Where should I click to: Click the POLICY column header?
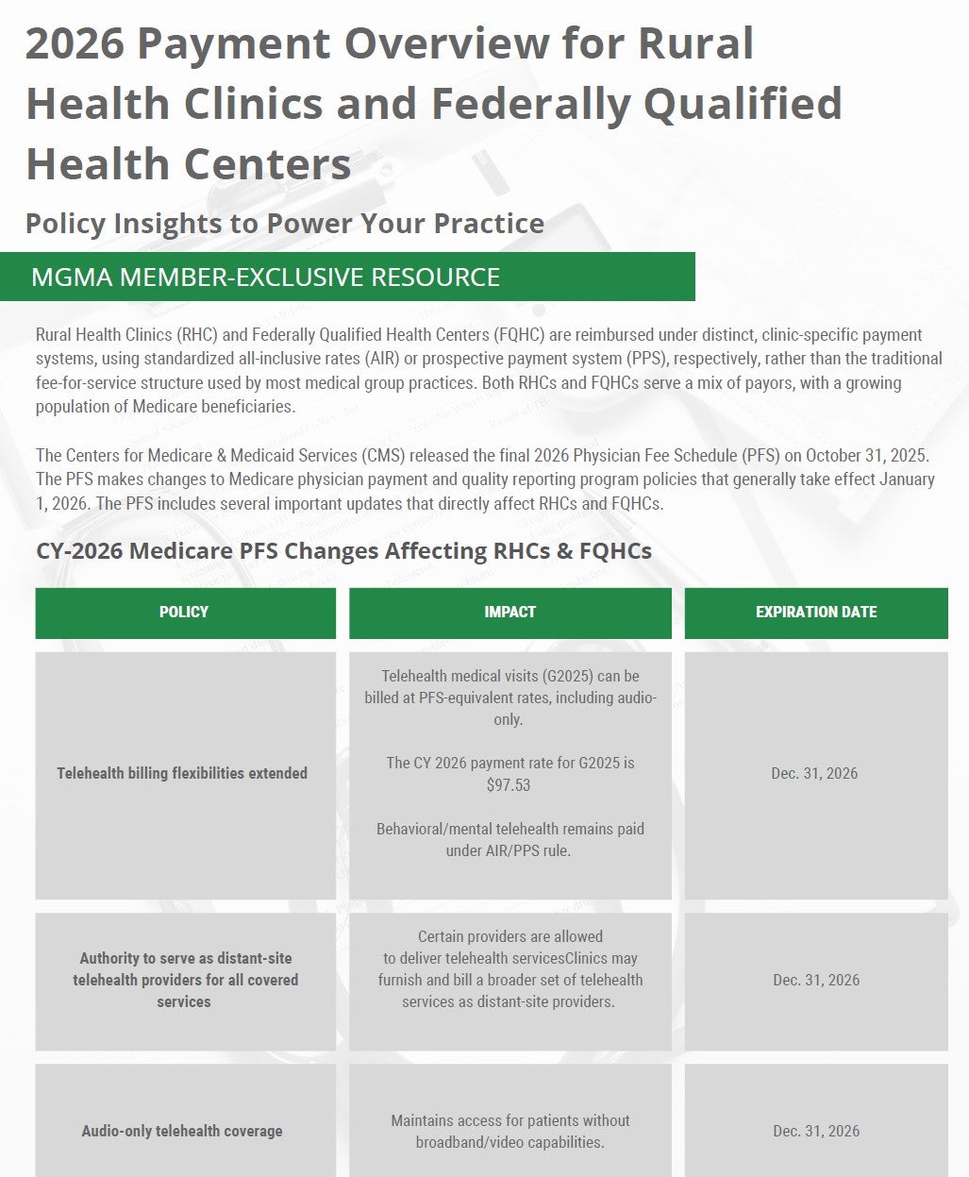point(184,612)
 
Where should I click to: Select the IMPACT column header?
point(510,612)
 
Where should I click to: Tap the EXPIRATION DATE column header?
point(816,612)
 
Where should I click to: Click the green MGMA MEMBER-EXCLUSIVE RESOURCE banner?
point(347,277)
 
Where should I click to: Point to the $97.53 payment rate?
point(509,785)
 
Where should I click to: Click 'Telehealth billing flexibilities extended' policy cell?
point(182,773)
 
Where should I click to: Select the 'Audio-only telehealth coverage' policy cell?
point(182,1131)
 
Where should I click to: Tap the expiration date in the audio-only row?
point(816,1131)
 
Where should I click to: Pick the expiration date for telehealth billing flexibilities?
point(814,773)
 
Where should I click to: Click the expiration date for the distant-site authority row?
point(816,980)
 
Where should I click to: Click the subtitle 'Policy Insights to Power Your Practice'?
point(284,224)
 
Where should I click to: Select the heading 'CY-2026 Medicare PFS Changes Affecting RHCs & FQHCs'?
point(343,550)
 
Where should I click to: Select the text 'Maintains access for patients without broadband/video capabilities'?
point(510,1132)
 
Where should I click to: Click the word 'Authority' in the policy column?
point(116,958)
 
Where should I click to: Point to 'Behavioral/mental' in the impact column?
point(435,829)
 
